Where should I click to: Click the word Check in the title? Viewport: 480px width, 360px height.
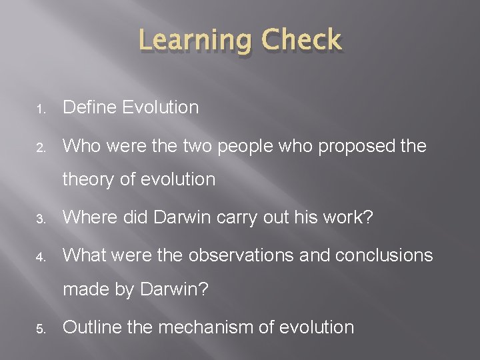302,41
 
